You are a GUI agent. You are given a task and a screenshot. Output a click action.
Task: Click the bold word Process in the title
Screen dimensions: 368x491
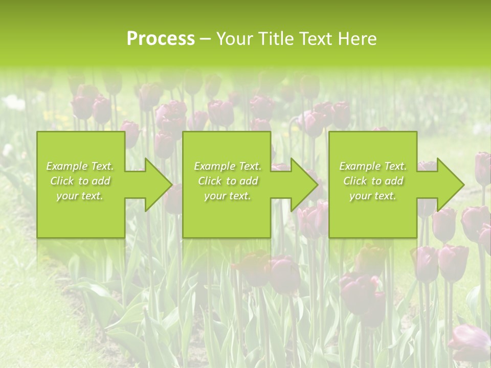pyautogui.click(x=161, y=39)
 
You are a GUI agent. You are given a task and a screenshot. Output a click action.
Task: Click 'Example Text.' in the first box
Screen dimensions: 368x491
pyautogui.click(x=80, y=166)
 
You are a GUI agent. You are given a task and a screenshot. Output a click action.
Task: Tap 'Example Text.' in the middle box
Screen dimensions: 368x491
pyautogui.click(x=227, y=166)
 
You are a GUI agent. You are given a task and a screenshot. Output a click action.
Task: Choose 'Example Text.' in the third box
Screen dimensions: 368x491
pyautogui.click(x=373, y=166)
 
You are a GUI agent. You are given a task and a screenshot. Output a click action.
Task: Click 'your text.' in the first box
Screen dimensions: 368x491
pyautogui.click(x=80, y=196)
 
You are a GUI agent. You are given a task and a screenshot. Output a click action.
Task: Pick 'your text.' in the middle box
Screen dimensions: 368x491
pyautogui.click(x=227, y=196)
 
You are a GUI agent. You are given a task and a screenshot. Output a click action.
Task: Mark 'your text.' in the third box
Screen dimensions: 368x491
pyautogui.click(x=373, y=196)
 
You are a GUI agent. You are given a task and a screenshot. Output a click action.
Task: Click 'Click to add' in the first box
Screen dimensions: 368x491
pyautogui.click(x=80, y=181)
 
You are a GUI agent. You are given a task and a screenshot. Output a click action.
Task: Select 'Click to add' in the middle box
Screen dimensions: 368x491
pyautogui.click(x=227, y=181)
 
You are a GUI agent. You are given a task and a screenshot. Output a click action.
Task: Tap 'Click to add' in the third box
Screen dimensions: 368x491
pyautogui.click(x=373, y=181)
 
